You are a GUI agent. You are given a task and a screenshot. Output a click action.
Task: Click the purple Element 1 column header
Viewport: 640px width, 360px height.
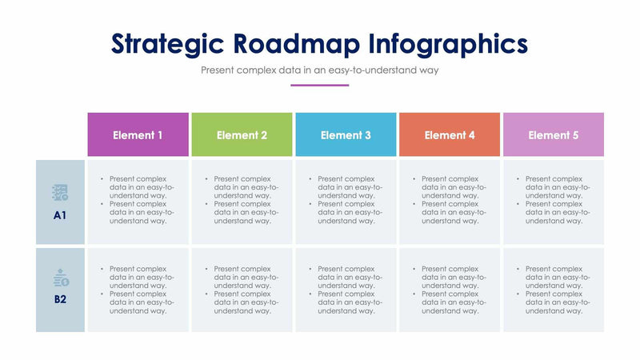click(138, 134)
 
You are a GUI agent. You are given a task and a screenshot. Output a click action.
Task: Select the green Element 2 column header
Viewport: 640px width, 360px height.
click(242, 134)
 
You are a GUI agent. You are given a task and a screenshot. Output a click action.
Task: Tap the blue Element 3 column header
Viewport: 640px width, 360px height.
click(346, 134)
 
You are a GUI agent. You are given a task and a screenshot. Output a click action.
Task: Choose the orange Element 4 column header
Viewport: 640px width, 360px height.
click(450, 134)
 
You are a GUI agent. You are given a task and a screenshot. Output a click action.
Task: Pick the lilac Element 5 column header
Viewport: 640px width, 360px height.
click(554, 134)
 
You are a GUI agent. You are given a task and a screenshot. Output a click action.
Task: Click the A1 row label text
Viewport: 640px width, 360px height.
click(60, 215)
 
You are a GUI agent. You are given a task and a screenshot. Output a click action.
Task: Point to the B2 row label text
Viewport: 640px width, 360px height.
click(60, 300)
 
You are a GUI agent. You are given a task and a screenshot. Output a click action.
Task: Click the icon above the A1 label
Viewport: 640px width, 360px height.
click(60, 192)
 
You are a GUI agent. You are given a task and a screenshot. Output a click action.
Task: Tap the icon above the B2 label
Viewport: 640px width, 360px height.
click(61, 278)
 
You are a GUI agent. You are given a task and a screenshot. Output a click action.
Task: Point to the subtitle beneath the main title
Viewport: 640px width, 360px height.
click(320, 70)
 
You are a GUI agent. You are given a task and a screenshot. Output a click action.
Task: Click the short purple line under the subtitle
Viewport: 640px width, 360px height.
click(320, 85)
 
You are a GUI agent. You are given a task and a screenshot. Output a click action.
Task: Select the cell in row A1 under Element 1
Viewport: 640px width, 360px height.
click(138, 201)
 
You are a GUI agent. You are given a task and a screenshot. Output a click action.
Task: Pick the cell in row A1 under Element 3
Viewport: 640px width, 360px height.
click(346, 201)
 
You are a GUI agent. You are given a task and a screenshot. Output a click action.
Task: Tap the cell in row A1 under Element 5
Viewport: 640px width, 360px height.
click(554, 201)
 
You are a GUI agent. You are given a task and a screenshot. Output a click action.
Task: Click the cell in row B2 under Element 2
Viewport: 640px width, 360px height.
click(242, 290)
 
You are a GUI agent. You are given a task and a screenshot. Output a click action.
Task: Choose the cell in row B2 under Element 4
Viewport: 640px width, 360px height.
click(450, 290)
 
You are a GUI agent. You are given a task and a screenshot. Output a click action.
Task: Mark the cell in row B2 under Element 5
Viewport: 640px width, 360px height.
click(554, 290)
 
